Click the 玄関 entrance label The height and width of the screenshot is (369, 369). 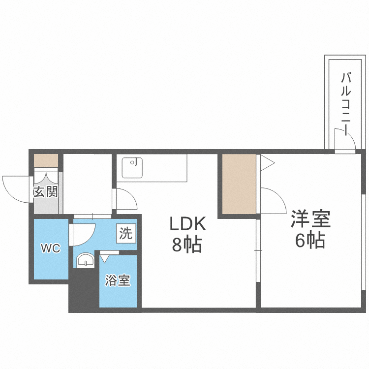[46, 191]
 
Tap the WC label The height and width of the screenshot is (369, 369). [50, 248]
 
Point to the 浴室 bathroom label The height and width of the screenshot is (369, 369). [118, 281]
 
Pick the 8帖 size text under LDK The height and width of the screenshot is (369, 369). [187, 245]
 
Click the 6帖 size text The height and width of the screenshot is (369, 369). [310, 240]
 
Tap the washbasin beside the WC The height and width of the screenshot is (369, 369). [86, 260]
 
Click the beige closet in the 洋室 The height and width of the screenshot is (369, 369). [239, 184]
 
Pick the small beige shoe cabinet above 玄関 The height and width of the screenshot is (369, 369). [46, 160]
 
